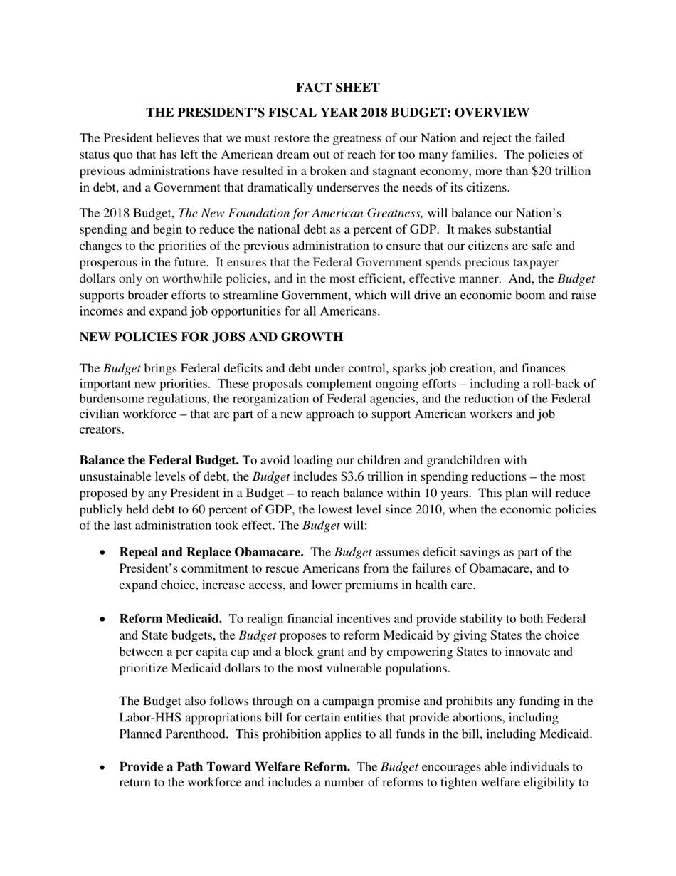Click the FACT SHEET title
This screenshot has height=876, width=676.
[x=337, y=88]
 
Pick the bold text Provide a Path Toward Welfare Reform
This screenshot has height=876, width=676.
[x=234, y=767]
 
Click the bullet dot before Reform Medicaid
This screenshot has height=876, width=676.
[x=103, y=620]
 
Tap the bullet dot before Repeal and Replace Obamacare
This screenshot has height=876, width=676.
[x=103, y=553]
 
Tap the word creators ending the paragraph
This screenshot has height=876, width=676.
[x=100, y=430]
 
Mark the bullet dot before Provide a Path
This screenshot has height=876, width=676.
[x=103, y=768]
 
